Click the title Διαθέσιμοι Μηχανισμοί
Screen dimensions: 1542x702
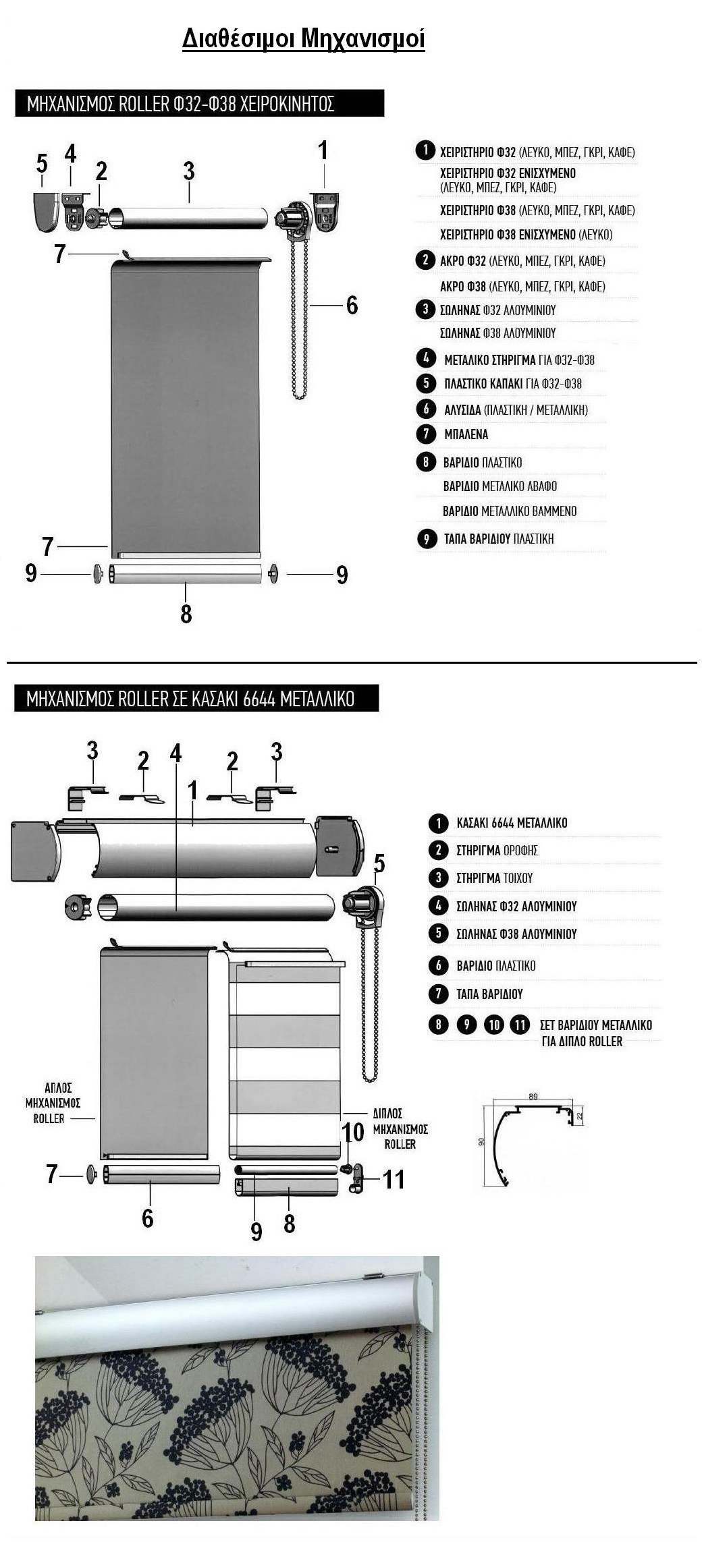pos(303,39)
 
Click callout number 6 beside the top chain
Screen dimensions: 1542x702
pos(352,305)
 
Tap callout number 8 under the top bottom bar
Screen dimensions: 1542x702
pos(186,613)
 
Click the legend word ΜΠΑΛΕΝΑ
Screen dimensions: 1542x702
pos(466,435)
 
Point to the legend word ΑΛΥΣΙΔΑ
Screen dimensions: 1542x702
pos(462,409)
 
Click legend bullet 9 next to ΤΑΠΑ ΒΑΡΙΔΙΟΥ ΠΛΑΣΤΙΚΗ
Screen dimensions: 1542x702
pos(426,539)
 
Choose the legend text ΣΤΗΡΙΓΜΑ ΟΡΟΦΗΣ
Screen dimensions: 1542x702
pos(497,851)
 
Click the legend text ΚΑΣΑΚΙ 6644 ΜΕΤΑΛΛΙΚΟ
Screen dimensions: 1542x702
pos(512,823)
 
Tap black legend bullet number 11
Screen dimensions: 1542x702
pos(520,1025)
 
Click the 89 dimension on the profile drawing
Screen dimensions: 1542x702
pos(533,1097)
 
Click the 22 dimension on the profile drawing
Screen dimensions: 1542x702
pos(580,1117)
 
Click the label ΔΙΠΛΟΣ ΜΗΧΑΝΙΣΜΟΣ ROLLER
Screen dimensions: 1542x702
pos(400,1129)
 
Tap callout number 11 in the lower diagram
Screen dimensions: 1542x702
pos(394,1179)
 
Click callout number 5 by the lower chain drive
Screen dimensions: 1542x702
pos(379,863)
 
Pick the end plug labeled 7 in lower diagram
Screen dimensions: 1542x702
pos(92,1174)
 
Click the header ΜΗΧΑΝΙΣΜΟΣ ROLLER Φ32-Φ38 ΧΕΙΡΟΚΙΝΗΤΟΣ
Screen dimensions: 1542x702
pos(180,104)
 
